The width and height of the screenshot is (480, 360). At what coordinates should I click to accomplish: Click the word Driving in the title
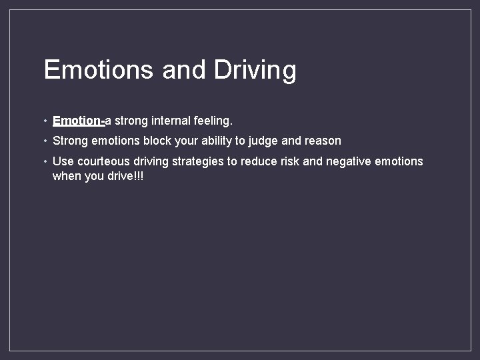(255, 70)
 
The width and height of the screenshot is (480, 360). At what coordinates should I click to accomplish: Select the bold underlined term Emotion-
(78, 121)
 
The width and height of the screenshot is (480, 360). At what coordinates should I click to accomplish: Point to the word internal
(174, 121)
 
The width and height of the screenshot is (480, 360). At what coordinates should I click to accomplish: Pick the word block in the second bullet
(157, 141)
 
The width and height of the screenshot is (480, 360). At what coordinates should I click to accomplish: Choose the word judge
(263, 141)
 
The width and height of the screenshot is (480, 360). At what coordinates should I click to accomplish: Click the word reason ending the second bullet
(323, 141)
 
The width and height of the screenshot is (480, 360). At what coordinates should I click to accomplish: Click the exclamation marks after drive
(139, 176)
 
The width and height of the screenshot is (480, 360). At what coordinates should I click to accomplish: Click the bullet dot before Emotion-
(44, 121)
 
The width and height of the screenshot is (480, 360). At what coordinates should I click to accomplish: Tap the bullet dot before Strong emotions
(44, 141)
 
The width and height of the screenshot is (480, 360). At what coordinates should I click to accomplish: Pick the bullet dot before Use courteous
(44, 162)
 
